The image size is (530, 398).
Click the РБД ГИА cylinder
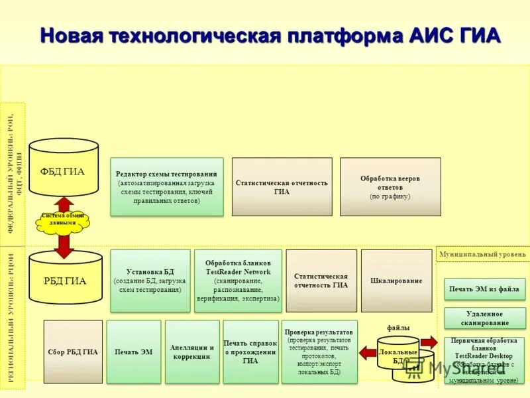(64, 281)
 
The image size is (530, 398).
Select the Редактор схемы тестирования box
(166, 186)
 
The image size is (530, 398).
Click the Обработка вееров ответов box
(390, 186)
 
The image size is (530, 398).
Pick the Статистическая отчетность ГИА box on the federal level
(282, 186)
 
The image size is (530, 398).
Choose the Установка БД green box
(150, 281)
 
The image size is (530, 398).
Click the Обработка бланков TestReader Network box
(238, 281)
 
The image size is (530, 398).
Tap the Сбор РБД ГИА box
(73, 352)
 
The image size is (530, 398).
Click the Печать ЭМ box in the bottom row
(133, 352)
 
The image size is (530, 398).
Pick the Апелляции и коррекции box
(192, 352)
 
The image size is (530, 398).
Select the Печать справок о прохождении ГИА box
(250, 352)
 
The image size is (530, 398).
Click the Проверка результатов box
(319, 352)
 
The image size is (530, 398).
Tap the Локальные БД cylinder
(397, 354)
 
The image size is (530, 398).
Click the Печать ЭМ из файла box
(484, 289)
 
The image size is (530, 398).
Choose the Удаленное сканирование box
(484, 318)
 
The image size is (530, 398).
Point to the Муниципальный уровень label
(482, 254)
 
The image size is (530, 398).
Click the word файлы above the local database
(398, 328)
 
